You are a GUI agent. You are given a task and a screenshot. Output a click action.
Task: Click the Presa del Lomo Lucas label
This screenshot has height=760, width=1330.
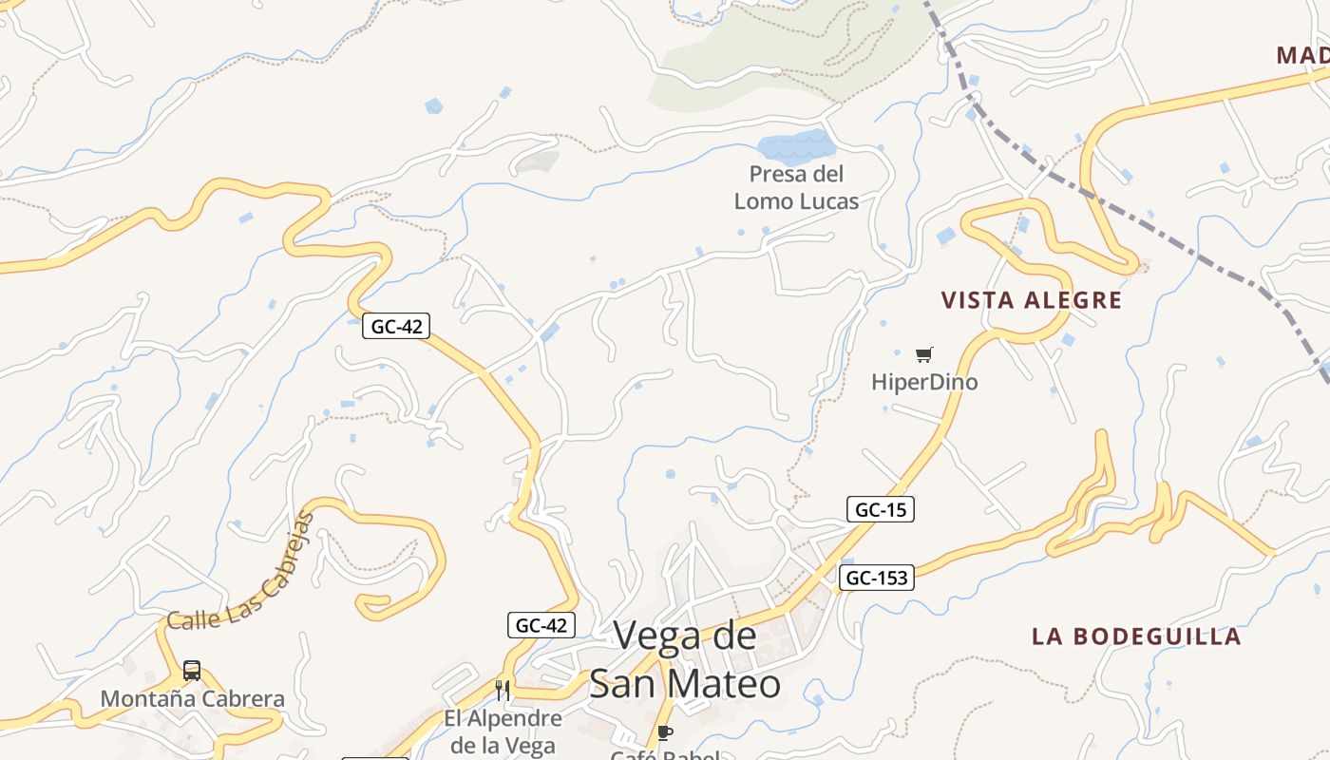tap(796, 187)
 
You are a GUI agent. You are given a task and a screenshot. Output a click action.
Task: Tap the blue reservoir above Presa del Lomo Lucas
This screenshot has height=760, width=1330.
tap(796, 148)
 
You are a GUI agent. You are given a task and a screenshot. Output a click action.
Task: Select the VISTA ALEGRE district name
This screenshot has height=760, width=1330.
tap(1031, 301)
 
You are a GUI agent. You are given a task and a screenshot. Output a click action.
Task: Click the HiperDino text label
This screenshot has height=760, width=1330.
tap(924, 382)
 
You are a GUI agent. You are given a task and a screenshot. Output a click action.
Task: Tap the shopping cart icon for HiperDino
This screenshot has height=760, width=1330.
tap(924, 355)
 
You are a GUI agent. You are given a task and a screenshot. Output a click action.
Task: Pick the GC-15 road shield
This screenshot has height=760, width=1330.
tap(880, 509)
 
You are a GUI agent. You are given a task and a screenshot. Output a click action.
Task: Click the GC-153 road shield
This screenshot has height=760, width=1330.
tap(876, 578)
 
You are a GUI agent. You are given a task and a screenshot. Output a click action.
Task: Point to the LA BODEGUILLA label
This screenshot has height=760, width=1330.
tap(1136, 636)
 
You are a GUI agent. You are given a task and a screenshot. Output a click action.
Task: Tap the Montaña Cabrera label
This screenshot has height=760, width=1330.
tap(192, 699)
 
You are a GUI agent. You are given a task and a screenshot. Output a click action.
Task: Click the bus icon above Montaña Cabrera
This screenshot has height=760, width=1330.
tap(192, 671)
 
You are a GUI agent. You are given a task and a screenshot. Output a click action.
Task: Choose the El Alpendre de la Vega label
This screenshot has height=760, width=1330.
tap(503, 731)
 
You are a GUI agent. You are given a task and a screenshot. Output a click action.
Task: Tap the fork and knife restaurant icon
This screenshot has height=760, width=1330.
tap(503, 691)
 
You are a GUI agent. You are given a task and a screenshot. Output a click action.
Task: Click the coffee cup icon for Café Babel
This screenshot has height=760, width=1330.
tap(665, 732)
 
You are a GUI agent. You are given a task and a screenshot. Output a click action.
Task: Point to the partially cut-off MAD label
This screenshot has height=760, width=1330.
tap(1301, 55)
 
